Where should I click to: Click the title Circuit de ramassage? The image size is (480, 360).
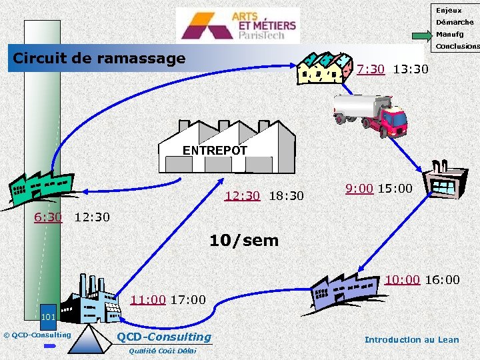(99, 59)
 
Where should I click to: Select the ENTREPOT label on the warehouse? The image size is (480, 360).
(215, 151)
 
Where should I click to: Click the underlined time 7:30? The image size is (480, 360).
(371, 69)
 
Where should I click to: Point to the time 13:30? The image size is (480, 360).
(411, 69)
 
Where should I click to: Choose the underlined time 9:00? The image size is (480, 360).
(359, 189)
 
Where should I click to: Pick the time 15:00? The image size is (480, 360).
(395, 189)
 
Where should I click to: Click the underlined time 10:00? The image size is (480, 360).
(402, 279)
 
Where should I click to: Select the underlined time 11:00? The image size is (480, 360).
(148, 299)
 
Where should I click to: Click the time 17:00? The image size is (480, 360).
(188, 299)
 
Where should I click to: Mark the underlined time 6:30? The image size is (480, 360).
(48, 217)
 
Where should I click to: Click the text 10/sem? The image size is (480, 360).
(244, 241)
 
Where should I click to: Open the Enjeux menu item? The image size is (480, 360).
(449, 11)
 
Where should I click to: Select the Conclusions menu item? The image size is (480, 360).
(457, 47)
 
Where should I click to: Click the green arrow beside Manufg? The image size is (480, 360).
(421, 35)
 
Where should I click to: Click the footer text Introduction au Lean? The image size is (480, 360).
(411, 340)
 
